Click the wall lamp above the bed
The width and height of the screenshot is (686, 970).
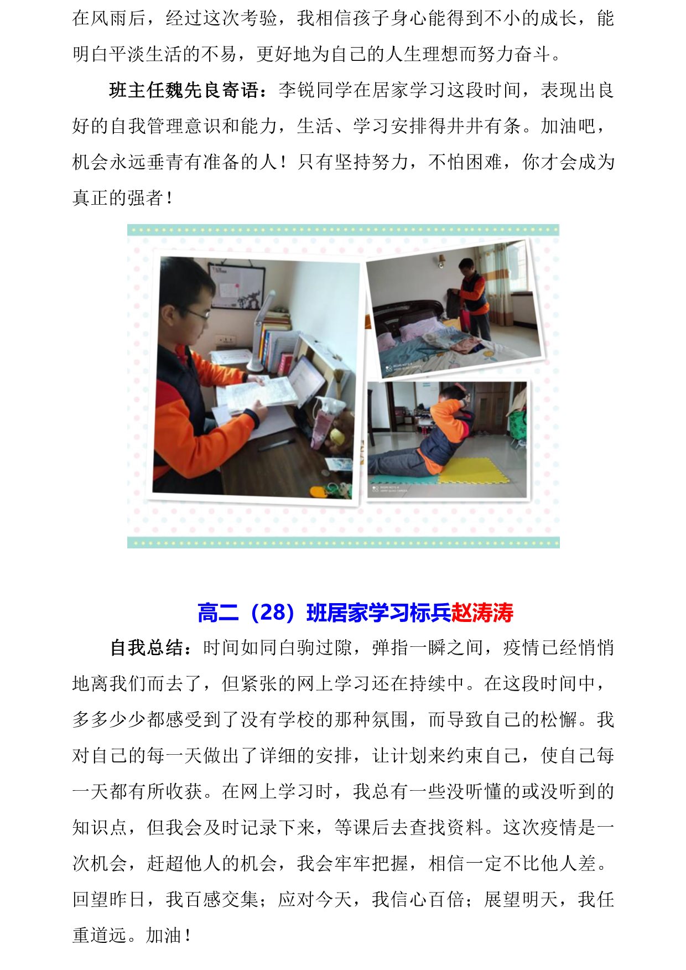pos(441,260)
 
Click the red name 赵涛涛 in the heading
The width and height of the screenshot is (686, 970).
pos(482,613)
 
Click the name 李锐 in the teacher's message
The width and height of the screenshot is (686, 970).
pos(297,90)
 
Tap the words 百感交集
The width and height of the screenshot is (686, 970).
pos(221,900)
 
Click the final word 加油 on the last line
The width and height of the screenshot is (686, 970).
pos(164,936)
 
